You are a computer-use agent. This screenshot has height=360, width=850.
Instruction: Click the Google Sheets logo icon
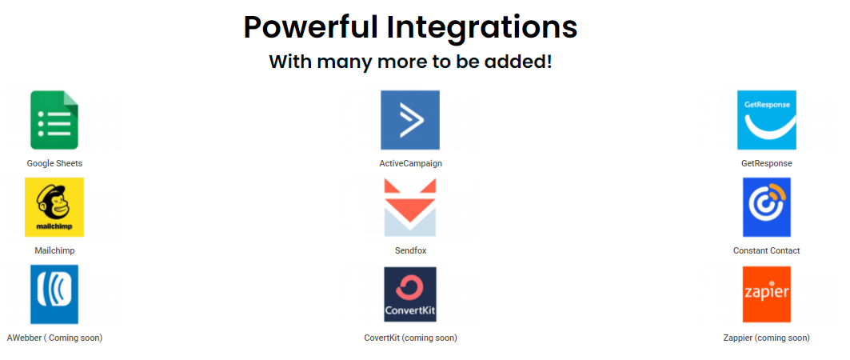(54, 120)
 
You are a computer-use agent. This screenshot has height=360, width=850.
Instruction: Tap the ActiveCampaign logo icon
(410, 120)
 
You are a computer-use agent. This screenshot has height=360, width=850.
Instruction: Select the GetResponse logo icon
(767, 120)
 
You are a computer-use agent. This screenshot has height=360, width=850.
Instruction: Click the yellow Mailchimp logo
(54, 207)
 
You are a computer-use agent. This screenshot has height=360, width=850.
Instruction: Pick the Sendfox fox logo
(410, 208)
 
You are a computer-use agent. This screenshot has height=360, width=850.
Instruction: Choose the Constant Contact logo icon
(767, 207)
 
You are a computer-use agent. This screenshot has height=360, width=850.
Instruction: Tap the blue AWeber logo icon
(54, 294)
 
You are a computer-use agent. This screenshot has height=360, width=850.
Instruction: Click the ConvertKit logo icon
(410, 294)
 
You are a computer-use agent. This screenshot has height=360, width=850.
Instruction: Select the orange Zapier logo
(767, 294)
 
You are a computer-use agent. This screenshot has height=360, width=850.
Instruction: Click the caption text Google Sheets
(54, 163)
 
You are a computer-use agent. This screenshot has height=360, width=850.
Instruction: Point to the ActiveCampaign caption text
(410, 163)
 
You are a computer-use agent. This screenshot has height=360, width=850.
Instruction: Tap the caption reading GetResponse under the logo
(767, 163)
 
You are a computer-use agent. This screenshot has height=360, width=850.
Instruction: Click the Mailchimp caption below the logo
(54, 250)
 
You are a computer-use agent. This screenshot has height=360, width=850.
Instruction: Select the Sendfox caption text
(410, 250)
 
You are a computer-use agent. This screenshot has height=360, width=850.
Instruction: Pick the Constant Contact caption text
(767, 250)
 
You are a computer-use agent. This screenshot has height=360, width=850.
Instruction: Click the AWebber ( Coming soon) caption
(54, 338)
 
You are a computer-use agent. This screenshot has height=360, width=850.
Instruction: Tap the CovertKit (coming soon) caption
(410, 338)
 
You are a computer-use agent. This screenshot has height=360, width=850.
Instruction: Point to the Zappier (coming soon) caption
(767, 338)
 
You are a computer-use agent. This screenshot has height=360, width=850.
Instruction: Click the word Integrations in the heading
(481, 28)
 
